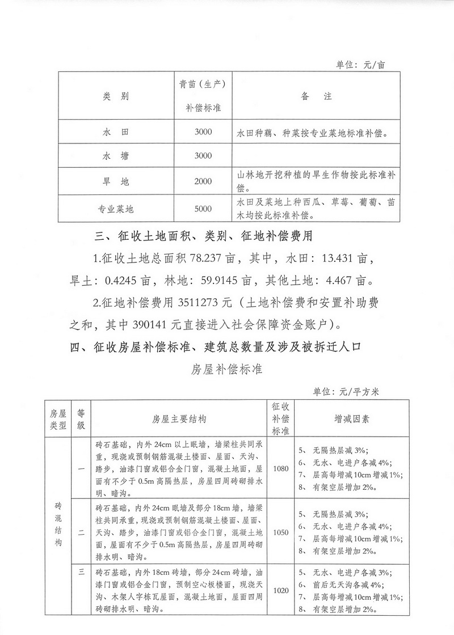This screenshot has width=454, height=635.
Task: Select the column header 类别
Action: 116,96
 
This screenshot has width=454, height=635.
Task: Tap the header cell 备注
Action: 315,96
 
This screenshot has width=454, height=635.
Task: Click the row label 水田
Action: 116,132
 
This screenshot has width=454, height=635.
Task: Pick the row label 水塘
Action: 116,156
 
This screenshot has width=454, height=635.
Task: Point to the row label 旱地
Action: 116,181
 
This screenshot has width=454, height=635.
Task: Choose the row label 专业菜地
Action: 116,208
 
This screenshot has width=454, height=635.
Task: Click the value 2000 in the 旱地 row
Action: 202,181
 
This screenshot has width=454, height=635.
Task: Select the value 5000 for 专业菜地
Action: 202,208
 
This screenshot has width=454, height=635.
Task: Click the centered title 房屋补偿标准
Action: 227,369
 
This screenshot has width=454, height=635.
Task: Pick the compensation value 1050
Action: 281,533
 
